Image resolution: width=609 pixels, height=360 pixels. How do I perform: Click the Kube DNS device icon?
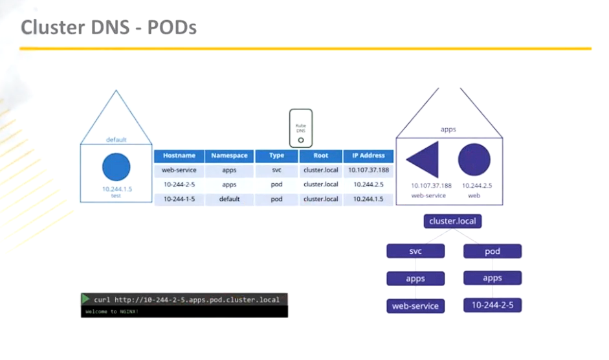(x=300, y=127)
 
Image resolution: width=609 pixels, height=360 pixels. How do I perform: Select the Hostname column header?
(x=179, y=156)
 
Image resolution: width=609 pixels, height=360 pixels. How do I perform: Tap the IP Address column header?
(x=368, y=156)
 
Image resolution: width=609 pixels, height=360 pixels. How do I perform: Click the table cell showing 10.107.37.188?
(x=368, y=170)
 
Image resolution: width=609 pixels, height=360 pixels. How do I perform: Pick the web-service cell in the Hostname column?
(x=179, y=170)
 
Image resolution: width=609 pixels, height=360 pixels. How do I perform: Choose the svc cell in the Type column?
(x=276, y=170)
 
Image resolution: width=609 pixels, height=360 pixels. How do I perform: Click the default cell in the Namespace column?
(x=229, y=199)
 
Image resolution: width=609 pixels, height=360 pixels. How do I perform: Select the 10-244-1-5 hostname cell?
(x=179, y=199)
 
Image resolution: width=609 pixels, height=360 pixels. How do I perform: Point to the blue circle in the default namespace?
(x=116, y=168)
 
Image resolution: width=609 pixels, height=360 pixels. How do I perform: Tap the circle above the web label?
(x=474, y=160)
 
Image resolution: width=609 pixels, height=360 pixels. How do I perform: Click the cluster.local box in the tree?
(x=453, y=221)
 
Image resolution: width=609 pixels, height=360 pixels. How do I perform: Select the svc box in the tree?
(x=415, y=251)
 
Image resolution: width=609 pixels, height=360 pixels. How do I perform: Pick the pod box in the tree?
(x=492, y=251)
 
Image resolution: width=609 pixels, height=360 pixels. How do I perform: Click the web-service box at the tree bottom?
(x=415, y=306)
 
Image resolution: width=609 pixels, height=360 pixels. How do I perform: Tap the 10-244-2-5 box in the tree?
(x=492, y=305)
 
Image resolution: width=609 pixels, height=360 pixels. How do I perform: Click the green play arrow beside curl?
(x=85, y=299)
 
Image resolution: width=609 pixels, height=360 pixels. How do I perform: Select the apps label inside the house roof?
(x=448, y=129)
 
